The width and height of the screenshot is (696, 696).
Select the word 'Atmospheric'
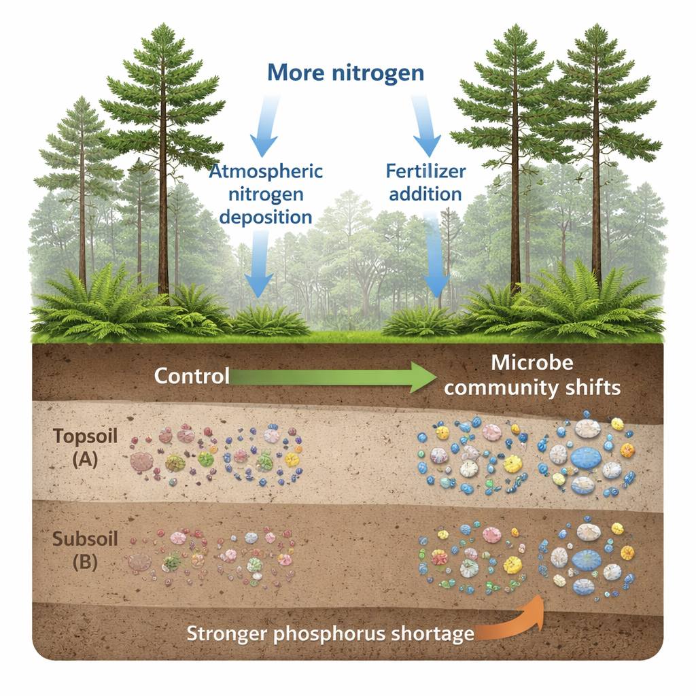tap(266, 170)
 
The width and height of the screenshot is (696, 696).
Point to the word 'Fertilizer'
tap(427, 170)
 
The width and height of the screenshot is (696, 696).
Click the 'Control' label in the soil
tap(192, 375)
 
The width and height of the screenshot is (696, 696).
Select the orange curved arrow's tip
tap(542, 596)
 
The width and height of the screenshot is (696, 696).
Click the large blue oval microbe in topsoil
tap(585, 457)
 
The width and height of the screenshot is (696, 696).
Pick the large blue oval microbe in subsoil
tap(585, 559)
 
